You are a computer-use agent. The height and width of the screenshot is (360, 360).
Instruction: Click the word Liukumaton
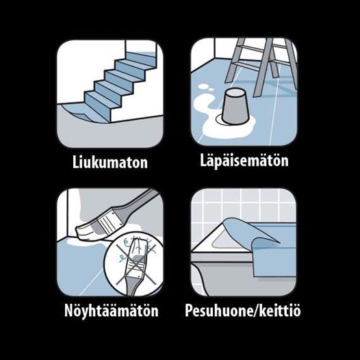110,162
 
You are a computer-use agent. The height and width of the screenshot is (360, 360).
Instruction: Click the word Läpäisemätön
244,160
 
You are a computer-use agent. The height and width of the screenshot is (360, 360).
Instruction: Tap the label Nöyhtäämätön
112,311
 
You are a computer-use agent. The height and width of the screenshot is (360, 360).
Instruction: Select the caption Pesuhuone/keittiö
243,311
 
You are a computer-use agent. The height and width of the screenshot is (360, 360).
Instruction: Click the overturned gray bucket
235,107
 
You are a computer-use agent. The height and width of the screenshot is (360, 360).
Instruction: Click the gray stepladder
261,66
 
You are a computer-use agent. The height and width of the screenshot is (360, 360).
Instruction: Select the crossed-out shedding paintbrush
136,264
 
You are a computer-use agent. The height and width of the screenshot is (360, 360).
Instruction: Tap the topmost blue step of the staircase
141,56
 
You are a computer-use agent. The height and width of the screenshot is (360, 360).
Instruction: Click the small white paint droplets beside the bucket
205,88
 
